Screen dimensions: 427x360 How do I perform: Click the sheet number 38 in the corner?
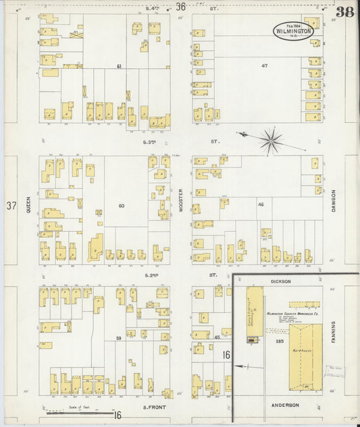point(345,11)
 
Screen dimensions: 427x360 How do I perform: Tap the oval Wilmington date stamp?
point(293,30)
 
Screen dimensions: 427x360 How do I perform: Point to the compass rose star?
point(270,141)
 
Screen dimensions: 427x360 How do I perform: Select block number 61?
point(119,66)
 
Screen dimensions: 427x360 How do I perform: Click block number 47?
point(265,66)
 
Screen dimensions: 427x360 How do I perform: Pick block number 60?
point(122,205)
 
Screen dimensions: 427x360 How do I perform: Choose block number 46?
point(260,203)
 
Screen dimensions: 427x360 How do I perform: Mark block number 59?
point(119,337)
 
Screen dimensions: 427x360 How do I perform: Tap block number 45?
point(217,337)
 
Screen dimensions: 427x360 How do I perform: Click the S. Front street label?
point(155,407)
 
